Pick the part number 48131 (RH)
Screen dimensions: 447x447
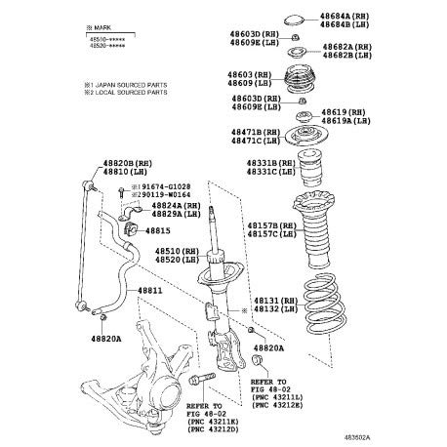(273, 301)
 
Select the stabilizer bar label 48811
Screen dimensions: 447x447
(149, 290)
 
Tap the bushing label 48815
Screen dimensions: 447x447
(158, 230)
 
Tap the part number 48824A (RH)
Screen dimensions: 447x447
(176, 206)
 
